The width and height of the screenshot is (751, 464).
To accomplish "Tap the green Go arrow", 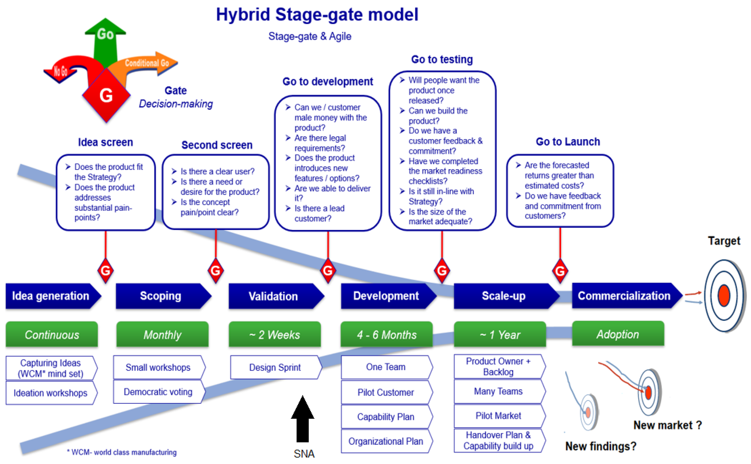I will [x=105, y=40].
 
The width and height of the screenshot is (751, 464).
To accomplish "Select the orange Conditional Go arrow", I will [x=147, y=64].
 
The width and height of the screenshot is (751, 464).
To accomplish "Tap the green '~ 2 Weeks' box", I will [x=275, y=334].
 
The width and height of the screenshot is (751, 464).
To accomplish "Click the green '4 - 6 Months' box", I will [x=386, y=334].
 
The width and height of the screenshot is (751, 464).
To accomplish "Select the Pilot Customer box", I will [x=386, y=392].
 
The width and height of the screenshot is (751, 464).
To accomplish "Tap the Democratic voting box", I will [x=158, y=392].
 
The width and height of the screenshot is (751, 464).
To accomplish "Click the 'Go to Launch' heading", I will [x=568, y=142].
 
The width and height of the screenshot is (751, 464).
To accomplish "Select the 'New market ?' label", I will [x=667, y=425].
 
